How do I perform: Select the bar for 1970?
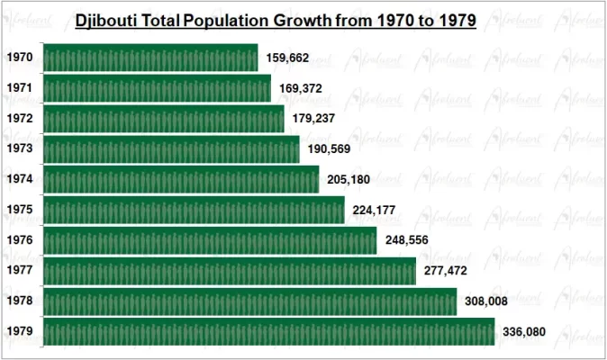tap(149, 58)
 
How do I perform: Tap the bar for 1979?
tap(268, 331)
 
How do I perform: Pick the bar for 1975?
tap(193, 211)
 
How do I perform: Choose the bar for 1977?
tap(229, 271)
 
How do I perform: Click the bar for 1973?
tap(170, 149)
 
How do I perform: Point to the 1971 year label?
tap(20, 88)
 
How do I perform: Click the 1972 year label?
tap(20, 119)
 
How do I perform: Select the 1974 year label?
tap(20, 180)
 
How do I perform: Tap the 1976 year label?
tap(20, 240)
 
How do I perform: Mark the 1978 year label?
tap(20, 301)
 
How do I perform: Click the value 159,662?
tap(287, 58)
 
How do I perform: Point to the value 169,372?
tap(301, 88)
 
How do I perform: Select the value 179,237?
tap(314, 119)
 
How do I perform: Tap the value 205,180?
tap(349, 180)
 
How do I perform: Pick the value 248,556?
tap(407, 240)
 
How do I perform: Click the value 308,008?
tap(487, 301)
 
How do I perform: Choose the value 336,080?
tap(524, 331)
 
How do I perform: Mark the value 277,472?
tap(446, 271)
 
